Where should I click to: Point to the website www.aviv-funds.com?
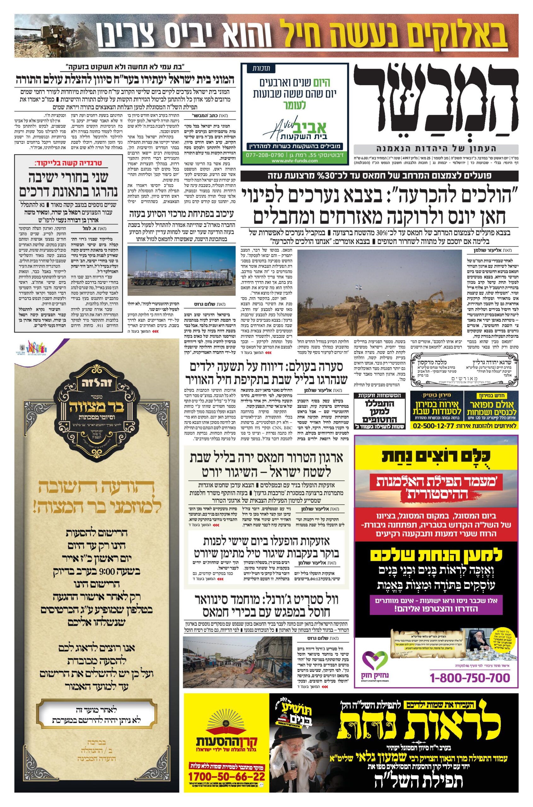tap(294, 161)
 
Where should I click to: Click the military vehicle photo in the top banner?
tap(51, 36)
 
